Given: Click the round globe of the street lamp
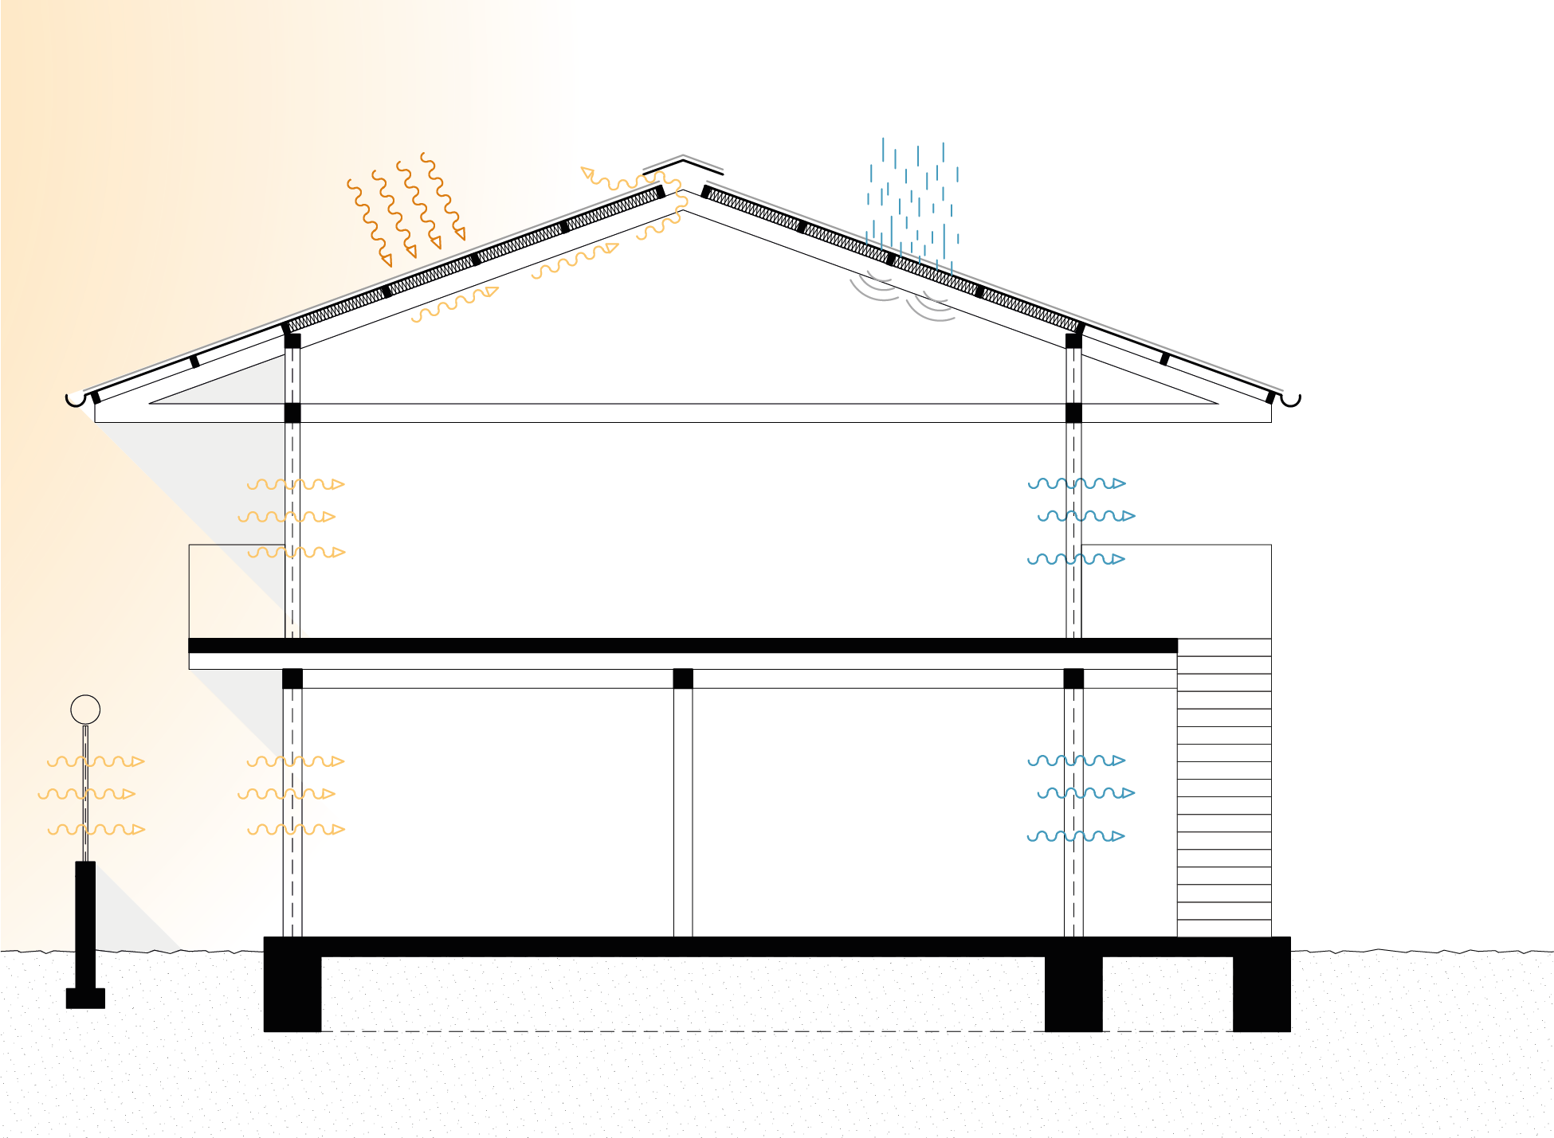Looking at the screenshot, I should tap(85, 709).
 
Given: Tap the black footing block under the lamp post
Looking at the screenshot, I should tap(85, 998).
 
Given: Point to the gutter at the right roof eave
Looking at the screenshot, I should tap(1290, 399).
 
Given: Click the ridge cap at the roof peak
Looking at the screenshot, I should tap(684, 162).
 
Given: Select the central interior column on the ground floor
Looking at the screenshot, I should tap(683, 812).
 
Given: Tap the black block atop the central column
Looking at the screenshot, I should tap(683, 678).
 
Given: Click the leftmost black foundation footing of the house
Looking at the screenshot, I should tap(292, 992).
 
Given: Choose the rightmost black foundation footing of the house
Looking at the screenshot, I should tap(1262, 992).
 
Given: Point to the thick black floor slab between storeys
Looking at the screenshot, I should tap(683, 646).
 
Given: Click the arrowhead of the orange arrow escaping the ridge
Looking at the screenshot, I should tap(588, 172).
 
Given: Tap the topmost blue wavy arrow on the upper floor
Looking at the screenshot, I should tap(1077, 483).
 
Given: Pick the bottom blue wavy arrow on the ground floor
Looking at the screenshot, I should tap(1076, 836).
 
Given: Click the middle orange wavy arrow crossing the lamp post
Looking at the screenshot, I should tap(87, 794).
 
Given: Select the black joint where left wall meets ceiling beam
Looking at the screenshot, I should tap(292, 413).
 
